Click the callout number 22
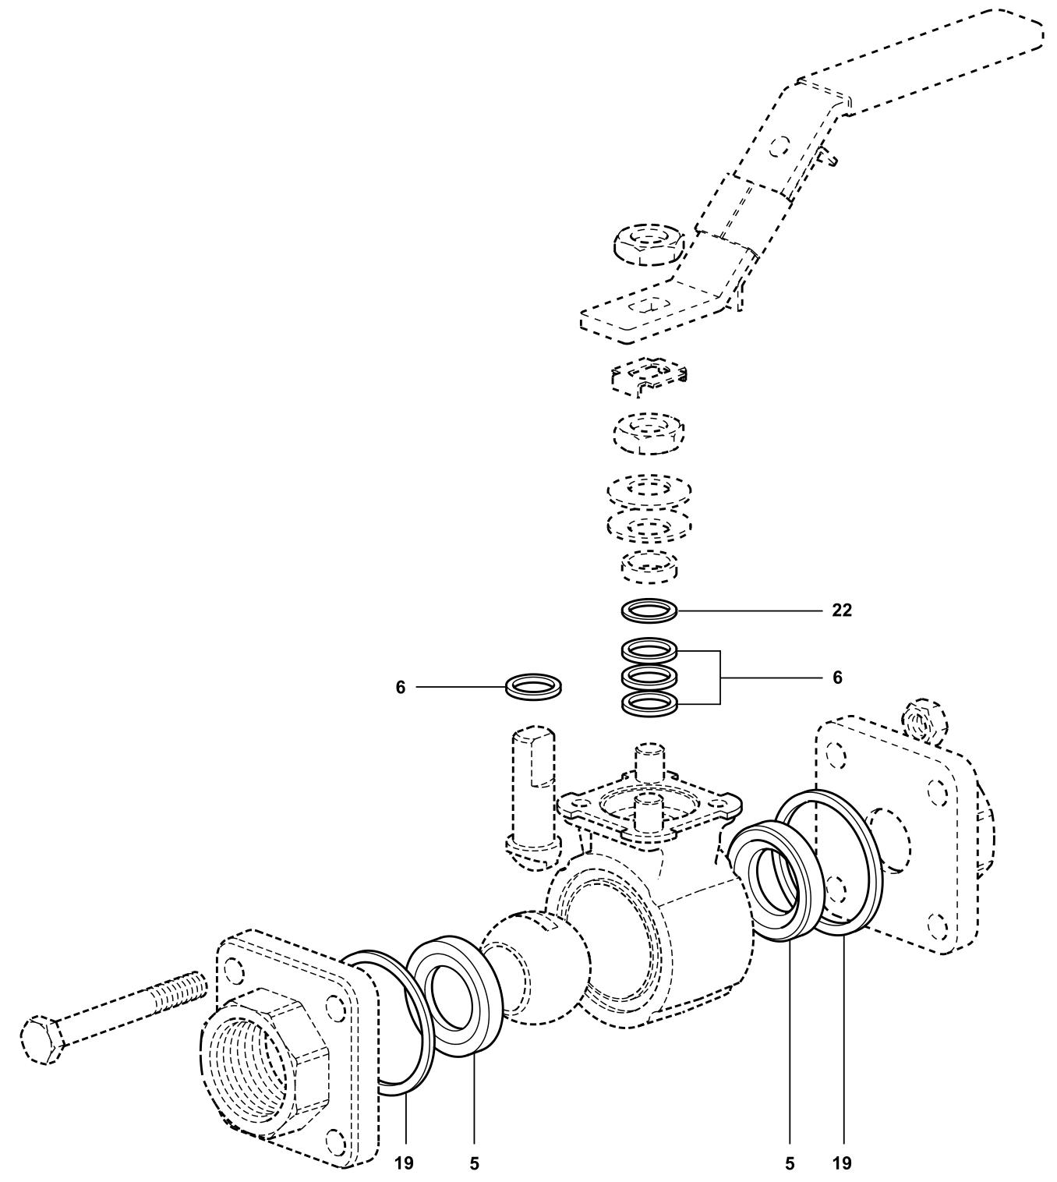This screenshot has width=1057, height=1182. (841, 610)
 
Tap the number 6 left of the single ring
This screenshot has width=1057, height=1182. (400, 688)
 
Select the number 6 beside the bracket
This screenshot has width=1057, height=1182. (837, 678)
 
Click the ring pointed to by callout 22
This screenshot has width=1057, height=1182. (649, 610)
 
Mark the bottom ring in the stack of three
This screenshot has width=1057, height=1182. (649, 703)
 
